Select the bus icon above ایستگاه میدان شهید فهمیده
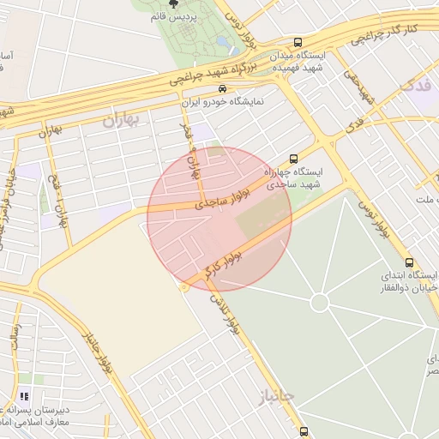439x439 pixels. point(298,42)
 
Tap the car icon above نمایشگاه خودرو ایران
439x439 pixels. point(223,88)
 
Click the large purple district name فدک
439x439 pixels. point(417,86)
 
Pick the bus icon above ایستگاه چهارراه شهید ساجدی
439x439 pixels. point(294,159)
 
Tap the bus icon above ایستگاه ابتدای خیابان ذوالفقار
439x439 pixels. point(407,262)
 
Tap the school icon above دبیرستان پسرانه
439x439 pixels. point(24,396)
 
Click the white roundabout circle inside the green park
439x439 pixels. point(320,302)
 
